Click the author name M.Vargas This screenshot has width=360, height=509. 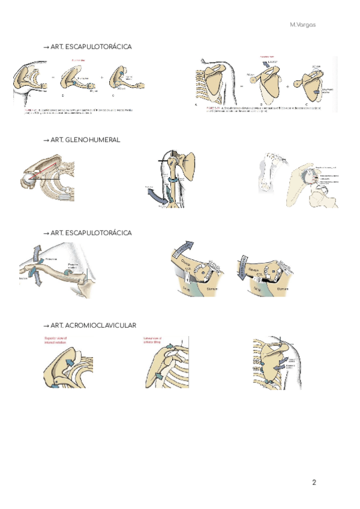click(302, 25)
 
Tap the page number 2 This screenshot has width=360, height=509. click(314, 482)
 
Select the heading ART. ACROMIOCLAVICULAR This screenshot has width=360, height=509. click(93, 325)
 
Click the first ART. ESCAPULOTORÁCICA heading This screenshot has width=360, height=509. click(91, 46)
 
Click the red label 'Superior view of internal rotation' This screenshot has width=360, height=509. click(57, 341)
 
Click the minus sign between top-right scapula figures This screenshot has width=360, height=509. click(240, 86)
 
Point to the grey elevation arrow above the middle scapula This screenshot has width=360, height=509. click(266, 64)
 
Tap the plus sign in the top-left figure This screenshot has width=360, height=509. click(101, 77)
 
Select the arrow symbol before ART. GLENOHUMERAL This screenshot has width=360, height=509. click(46, 139)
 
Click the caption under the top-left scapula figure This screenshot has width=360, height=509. click(78, 111)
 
